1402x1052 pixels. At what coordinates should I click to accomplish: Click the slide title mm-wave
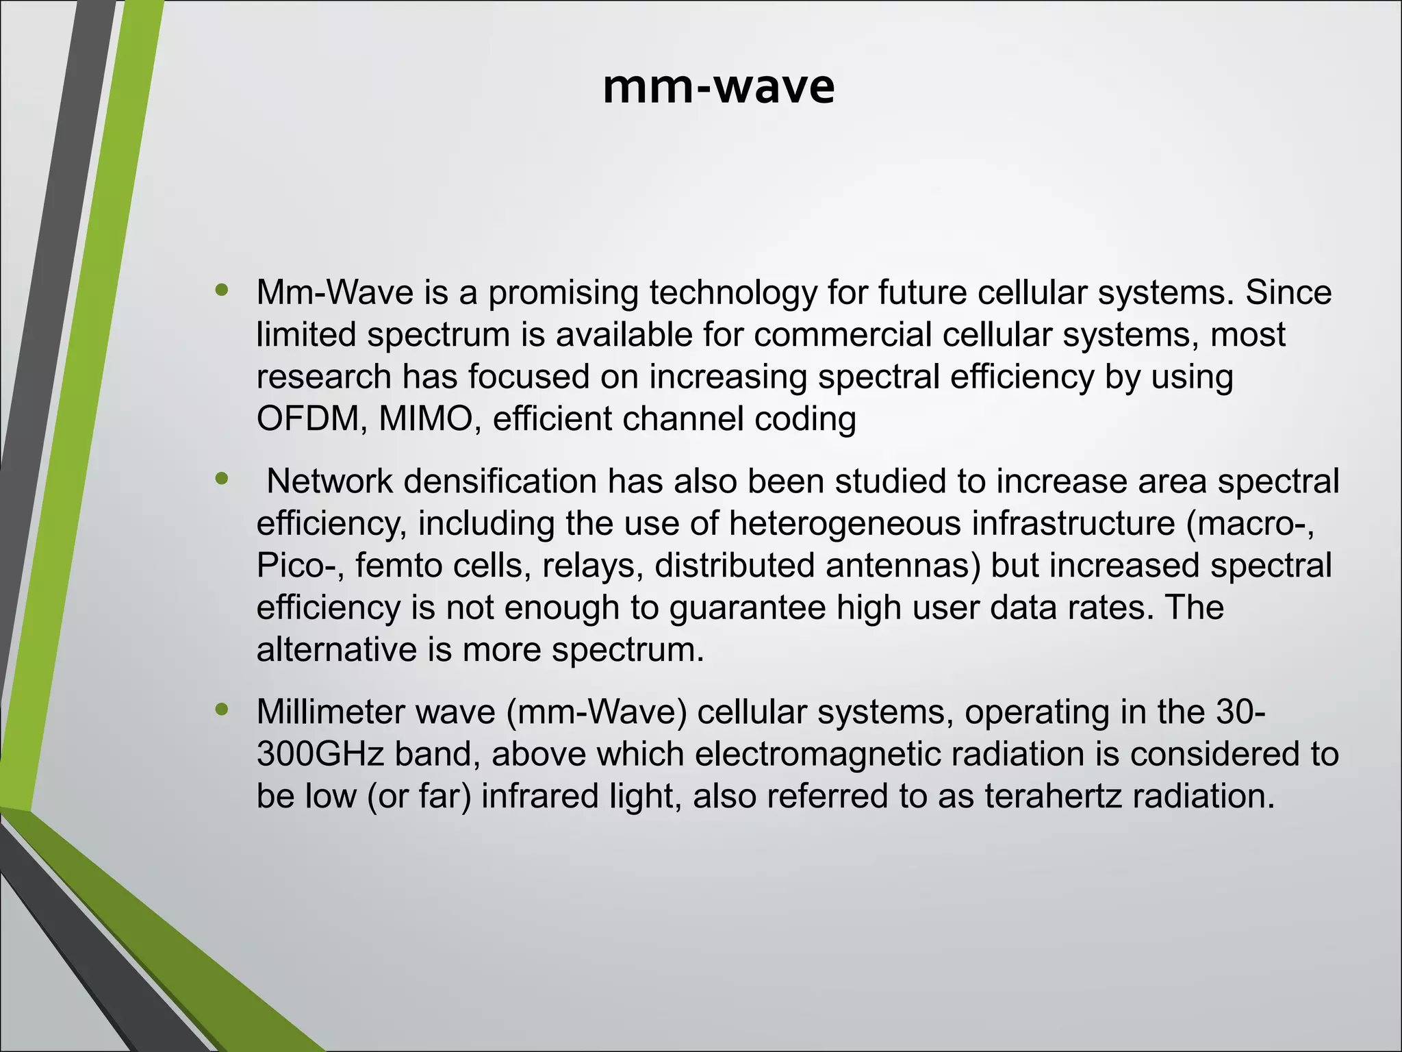click(718, 88)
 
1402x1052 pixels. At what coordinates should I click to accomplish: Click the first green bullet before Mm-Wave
click(221, 290)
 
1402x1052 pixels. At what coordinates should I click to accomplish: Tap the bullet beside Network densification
click(221, 479)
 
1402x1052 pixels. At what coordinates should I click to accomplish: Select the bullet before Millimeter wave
click(221, 710)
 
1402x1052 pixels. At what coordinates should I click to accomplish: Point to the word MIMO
click(424, 418)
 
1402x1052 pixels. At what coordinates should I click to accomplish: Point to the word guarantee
click(748, 608)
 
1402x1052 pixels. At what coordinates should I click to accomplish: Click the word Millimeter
click(331, 712)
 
